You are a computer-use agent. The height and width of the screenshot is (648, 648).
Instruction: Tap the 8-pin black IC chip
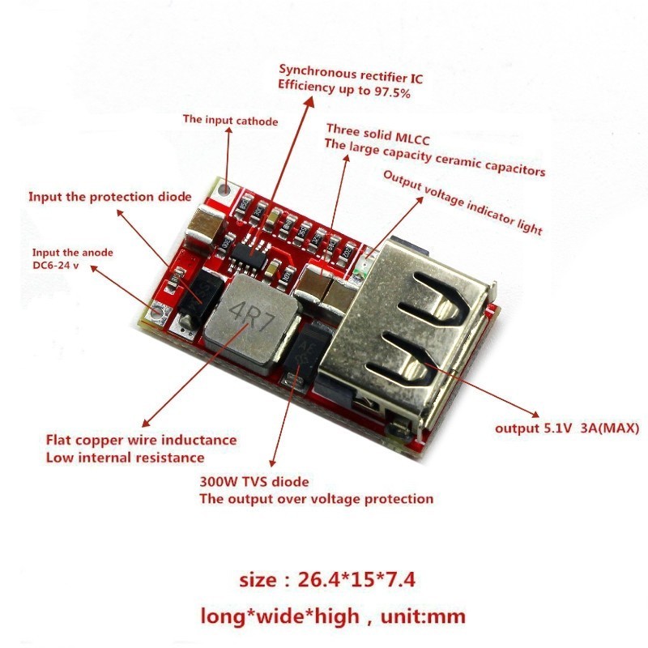tap(249, 254)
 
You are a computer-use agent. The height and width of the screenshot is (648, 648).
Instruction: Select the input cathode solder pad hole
tap(224, 190)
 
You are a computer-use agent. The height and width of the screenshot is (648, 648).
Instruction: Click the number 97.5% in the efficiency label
tap(392, 92)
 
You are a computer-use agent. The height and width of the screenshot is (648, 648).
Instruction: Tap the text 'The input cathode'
tap(230, 120)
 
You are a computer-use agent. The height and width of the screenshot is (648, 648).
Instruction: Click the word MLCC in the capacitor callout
tap(412, 138)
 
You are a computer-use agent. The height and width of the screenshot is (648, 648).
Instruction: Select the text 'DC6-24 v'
tap(55, 265)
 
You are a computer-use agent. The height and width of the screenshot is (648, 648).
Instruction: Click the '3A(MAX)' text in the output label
tap(610, 428)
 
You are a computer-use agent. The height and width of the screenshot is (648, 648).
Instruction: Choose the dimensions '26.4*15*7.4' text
tap(356, 579)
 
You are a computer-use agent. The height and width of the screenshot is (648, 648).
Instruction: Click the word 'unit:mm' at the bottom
tap(423, 616)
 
